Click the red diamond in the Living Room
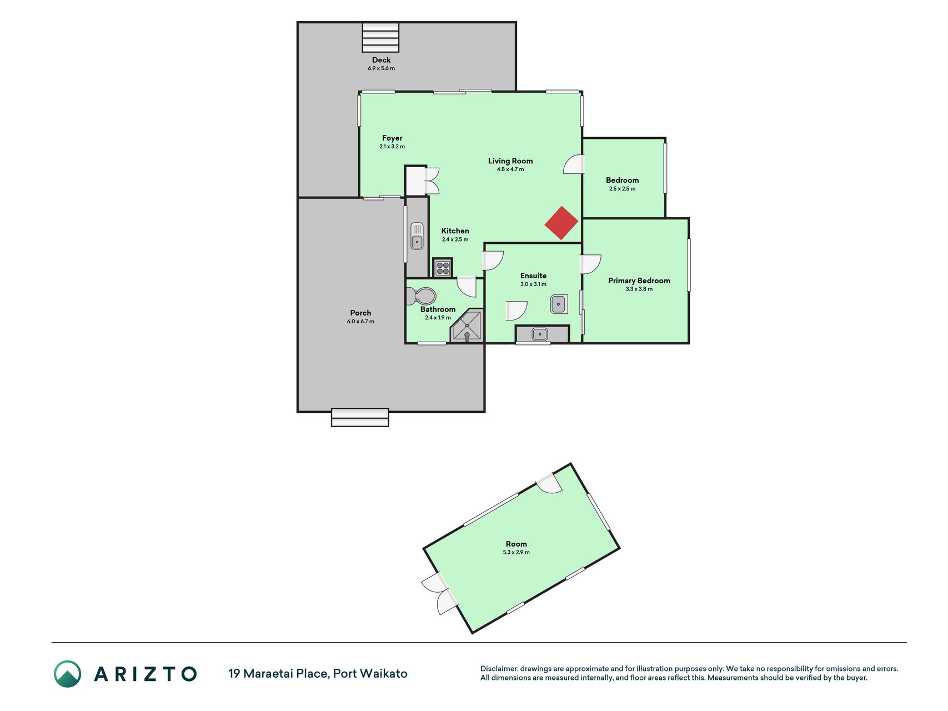(561, 223)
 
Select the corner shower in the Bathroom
(467, 326)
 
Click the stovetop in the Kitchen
(443, 268)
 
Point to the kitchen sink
(417, 236)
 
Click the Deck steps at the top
(380, 38)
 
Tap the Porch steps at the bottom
(360, 418)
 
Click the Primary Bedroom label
(639, 281)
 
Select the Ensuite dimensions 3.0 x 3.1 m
(533, 284)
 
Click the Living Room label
(510, 161)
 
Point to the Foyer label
(392, 138)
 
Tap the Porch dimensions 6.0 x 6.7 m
(360, 322)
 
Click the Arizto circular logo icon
(67, 674)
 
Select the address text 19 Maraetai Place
(278, 674)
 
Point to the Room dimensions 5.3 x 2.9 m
(516, 553)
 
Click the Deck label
(382, 60)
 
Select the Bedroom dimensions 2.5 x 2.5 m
(623, 189)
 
